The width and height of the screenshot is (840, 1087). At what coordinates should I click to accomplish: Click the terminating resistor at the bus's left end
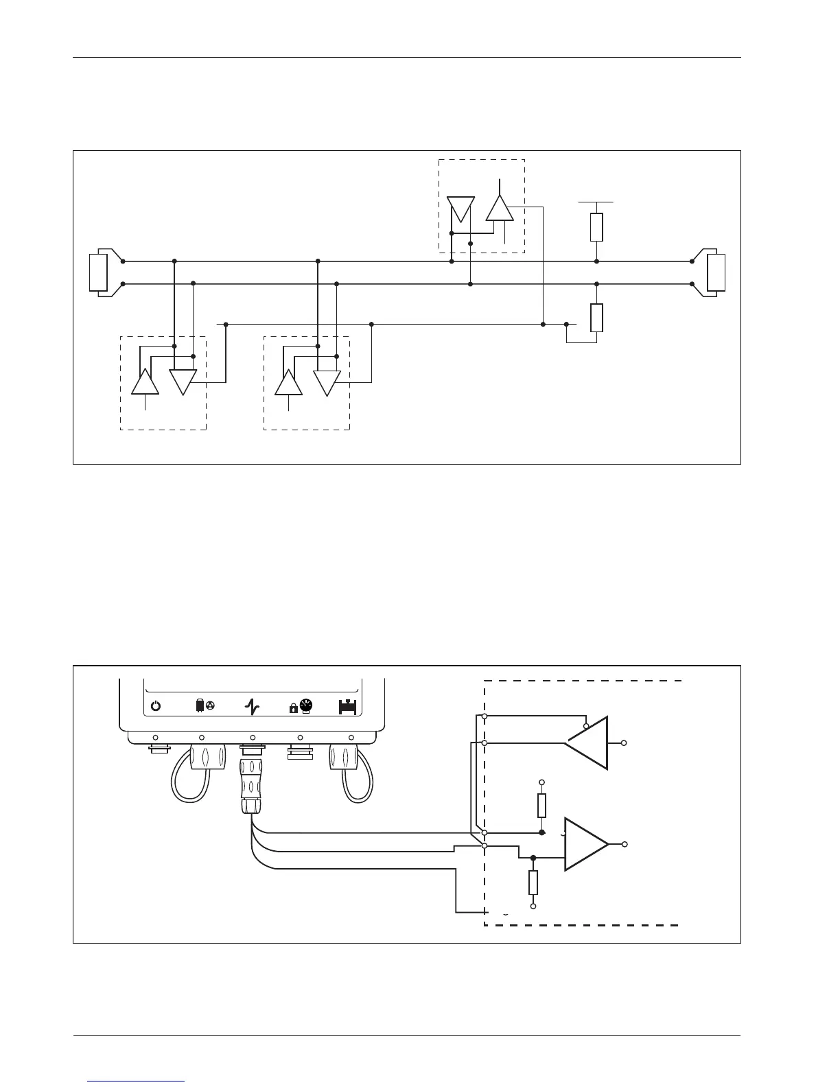click(99, 272)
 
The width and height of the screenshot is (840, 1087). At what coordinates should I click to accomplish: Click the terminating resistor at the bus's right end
click(716, 272)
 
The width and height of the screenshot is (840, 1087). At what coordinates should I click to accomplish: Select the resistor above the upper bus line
click(596, 227)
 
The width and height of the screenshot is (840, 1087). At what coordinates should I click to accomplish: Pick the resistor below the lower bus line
click(596, 318)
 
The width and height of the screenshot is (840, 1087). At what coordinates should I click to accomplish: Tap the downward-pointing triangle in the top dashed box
click(460, 207)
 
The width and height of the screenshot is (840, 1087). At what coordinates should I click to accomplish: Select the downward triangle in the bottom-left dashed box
click(183, 381)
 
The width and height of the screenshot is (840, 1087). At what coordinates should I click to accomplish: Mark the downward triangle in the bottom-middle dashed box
click(327, 381)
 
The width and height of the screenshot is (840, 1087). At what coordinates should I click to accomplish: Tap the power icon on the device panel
click(156, 706)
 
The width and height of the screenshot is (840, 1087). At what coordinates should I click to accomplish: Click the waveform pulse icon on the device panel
click(252, 706)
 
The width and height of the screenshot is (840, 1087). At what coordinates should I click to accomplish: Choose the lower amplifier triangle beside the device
click(584, 844)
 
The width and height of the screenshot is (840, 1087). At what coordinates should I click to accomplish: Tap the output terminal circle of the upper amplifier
click(624, 743)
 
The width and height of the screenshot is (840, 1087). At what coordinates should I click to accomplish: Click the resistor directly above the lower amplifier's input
click(541, 805)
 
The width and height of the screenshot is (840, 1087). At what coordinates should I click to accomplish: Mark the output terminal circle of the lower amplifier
click(624, 844)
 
